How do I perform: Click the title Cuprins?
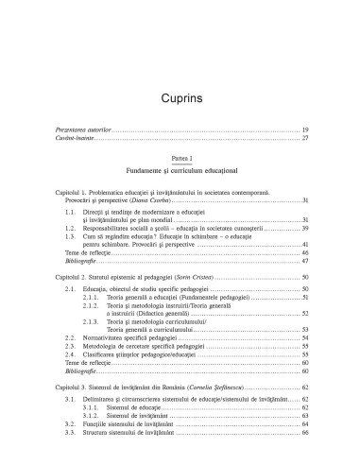pyautogui.click(x=180, y=70)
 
